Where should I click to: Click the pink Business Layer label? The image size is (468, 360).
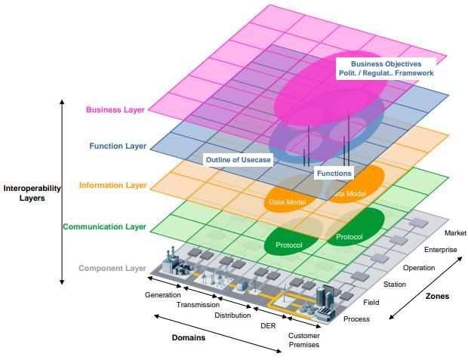115,109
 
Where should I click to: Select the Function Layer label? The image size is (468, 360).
118,146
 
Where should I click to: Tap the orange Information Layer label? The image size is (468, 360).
112,185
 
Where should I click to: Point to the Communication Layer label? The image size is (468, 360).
104,226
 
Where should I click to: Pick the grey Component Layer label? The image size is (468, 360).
112,268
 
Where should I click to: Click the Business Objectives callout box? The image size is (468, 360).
386,69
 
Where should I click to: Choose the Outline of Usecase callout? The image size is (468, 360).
239,160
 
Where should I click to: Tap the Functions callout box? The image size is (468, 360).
334,173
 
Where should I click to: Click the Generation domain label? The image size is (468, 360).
162,295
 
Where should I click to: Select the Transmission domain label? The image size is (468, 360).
198,305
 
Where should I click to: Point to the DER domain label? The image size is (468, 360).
268,326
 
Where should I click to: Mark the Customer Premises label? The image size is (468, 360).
304,340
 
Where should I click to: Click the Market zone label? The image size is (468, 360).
455,233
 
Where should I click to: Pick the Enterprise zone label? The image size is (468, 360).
441,250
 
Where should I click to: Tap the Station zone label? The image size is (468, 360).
395,285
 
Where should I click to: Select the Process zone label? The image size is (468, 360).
356,319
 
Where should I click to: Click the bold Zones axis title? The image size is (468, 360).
437,296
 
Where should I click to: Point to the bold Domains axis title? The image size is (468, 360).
189,337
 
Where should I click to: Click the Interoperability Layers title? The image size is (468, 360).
32,193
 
